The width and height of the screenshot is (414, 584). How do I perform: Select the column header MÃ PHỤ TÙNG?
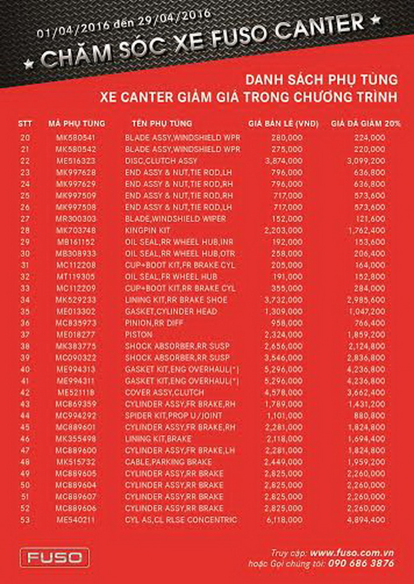click(x=76, y=123)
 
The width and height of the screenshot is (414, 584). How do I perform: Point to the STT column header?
click(x=25, y=123)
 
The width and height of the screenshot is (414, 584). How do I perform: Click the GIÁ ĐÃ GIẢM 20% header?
click(x=366, y=123)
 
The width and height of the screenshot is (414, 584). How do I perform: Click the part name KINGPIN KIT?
click(x=147, y=230)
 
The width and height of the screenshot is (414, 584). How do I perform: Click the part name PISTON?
click(x=136, y=334)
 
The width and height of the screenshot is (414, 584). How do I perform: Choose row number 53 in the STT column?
click(x=25, y=520)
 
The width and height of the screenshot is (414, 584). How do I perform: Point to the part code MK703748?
click(x=76, y=230)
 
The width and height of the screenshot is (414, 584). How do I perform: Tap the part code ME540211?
click(x=76, y=520)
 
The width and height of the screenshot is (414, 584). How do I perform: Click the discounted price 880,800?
click(x=371, y=415)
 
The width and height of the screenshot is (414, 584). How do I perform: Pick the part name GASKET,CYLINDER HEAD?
click(x=163, y=311)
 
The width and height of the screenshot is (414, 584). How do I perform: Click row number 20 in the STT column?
click(x=25, y=137)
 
